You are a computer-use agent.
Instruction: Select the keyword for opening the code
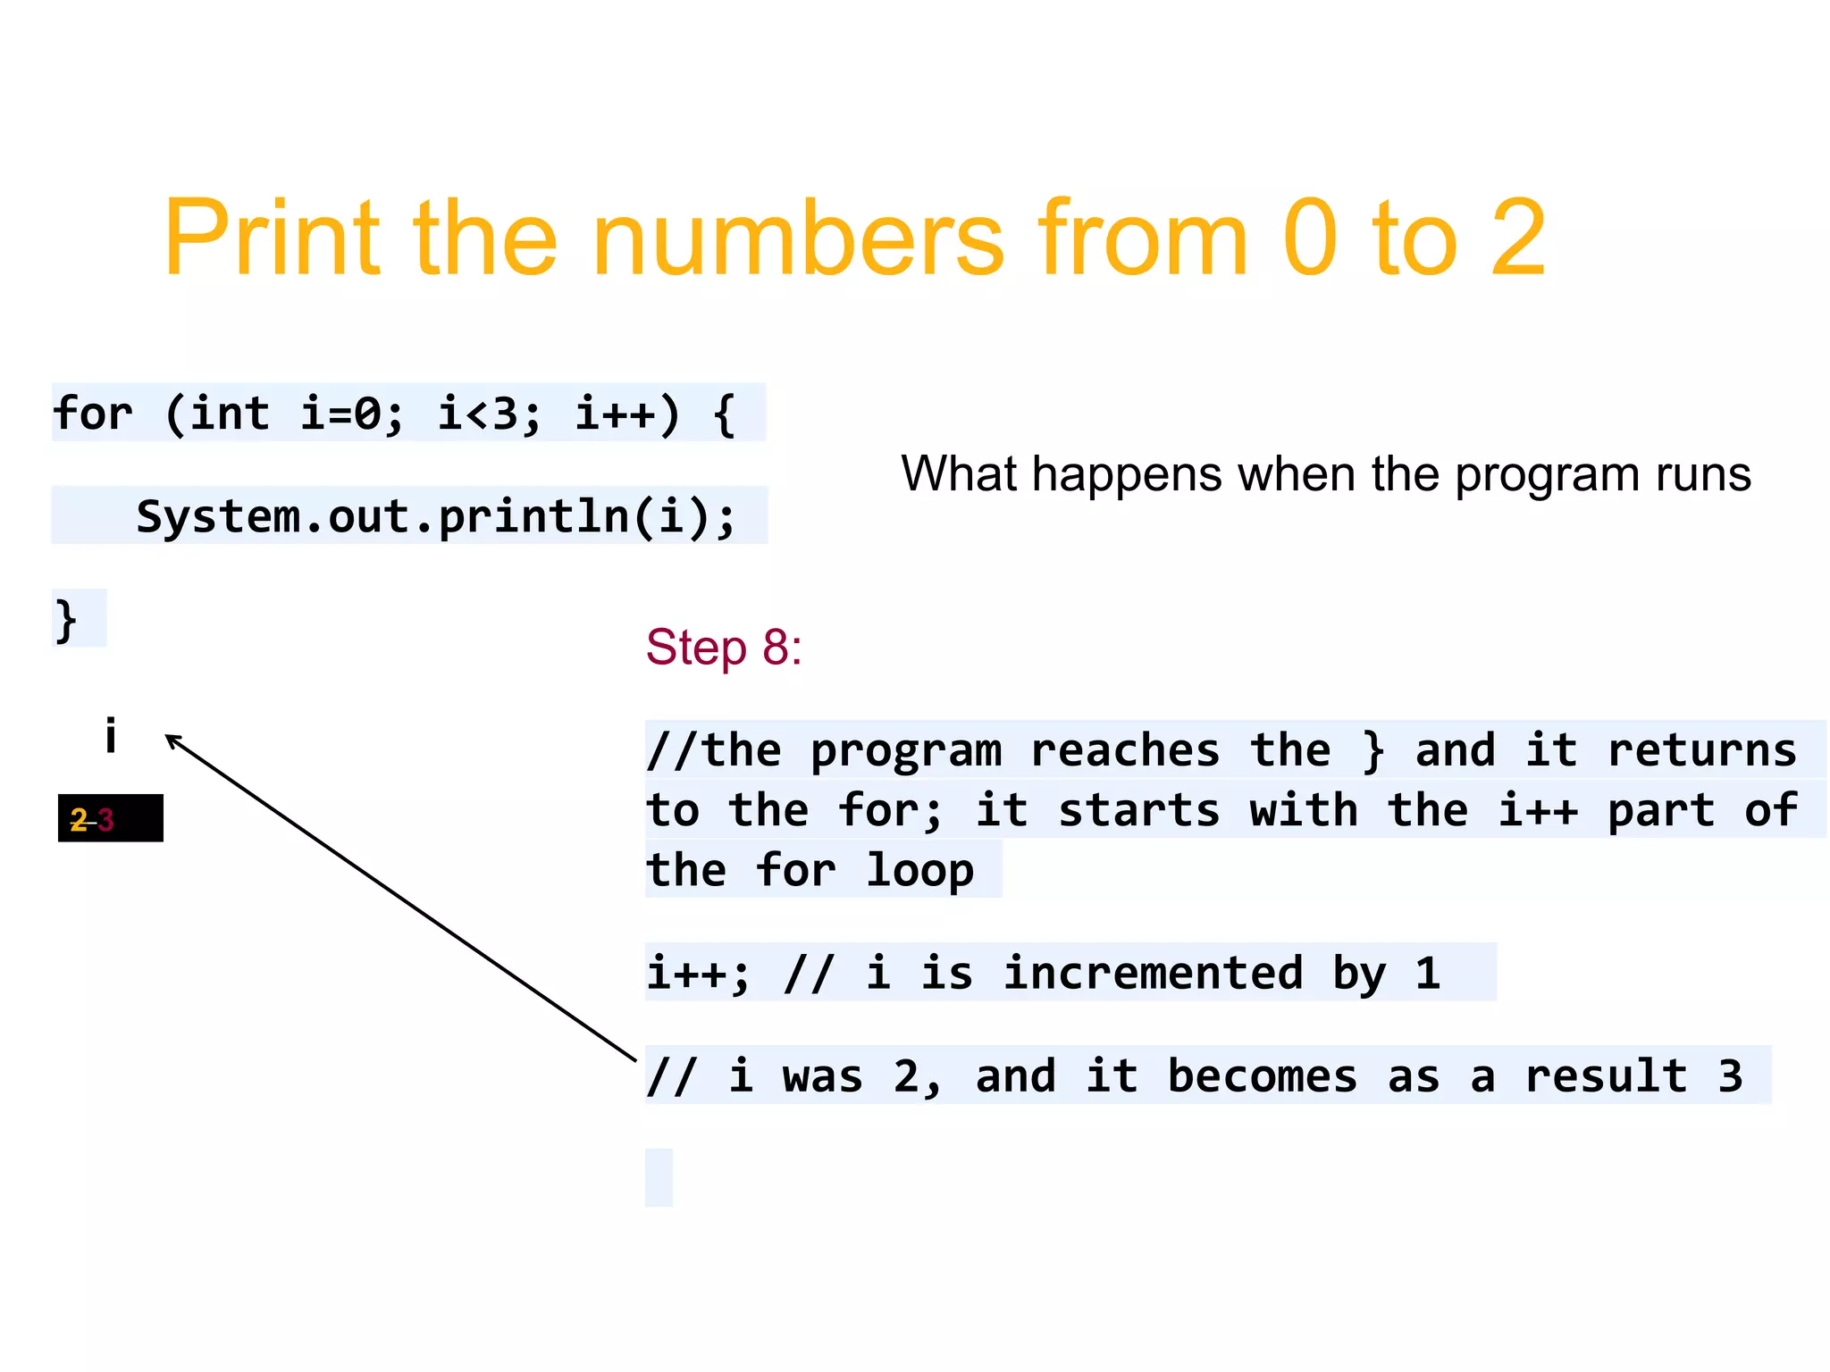93,414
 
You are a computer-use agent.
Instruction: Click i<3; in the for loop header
489,414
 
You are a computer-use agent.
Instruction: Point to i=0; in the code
351,414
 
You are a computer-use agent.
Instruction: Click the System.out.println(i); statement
435,516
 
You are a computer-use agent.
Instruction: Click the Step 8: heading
724,647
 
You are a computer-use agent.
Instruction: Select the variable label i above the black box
111,736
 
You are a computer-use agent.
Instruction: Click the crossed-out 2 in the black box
80,819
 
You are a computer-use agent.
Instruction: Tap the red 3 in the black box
105,819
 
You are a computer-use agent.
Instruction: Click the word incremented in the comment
1153,973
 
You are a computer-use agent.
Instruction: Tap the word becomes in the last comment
1262,1075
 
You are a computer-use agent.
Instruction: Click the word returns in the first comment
1701,750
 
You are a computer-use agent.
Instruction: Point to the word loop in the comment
919,870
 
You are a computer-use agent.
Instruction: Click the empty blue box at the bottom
659,1177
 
